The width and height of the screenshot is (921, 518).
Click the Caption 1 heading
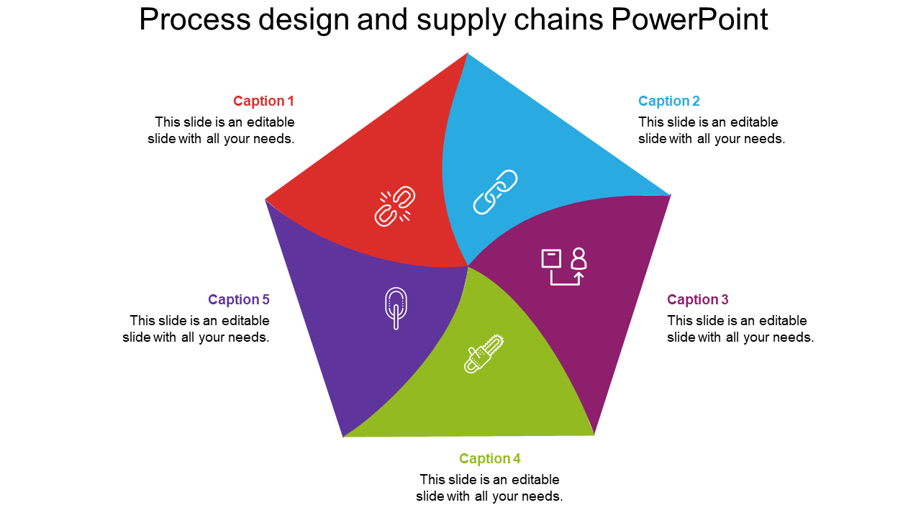(263, 101)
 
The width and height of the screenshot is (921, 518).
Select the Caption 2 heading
(668, 101)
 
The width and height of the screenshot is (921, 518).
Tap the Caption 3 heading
(697, 300)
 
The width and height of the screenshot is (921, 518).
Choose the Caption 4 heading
(489, 459)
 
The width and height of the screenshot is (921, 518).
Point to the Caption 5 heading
(238, 300)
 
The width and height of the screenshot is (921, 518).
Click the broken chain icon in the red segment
(395, 206)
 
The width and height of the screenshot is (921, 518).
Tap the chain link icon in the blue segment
(495, 192)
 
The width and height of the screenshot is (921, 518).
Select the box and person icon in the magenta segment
(563, 267)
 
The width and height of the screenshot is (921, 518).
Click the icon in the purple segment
(396, 307)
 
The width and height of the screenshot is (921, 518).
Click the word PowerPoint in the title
(689, 20)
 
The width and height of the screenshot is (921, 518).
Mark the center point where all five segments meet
(468, 266)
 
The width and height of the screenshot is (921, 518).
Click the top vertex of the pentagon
(468, 53)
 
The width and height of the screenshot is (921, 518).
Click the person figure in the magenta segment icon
(579, 258)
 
